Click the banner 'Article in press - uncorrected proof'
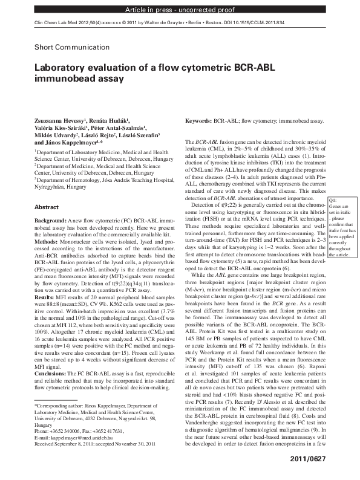(180, 11)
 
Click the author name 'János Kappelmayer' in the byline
(68, 144)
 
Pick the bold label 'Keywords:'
(198, 121)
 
